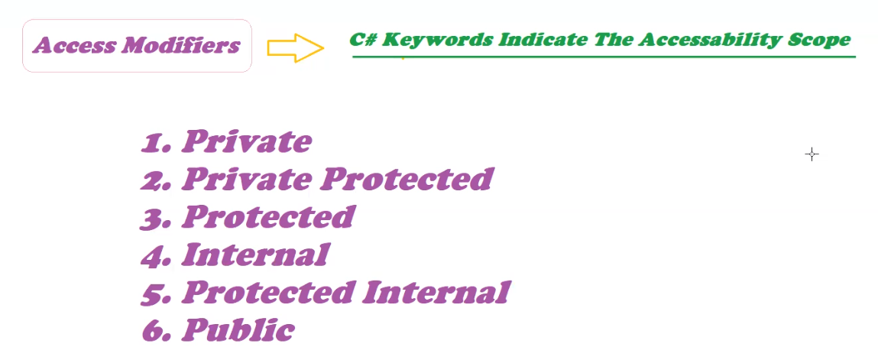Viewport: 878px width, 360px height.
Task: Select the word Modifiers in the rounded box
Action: [x=181, y=45]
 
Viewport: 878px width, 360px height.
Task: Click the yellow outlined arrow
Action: [x=295, y=47]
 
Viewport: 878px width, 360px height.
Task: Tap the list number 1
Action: [x=156, y=143]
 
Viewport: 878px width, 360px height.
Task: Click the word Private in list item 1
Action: [x=246, y=141]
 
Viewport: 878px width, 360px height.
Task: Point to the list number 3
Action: [x=156, y=219]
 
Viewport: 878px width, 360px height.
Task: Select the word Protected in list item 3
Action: [x=268, y=216]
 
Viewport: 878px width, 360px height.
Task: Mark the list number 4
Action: [x=156, y=256]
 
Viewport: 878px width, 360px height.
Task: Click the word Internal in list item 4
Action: [x=254, y=255]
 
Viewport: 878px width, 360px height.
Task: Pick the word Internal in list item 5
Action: [x=436, y=292]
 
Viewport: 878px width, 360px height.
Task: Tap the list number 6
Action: [x=156, y=331]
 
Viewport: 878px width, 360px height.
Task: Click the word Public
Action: [x=238, y=329]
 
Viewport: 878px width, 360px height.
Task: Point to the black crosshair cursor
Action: [x=812, y=154]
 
